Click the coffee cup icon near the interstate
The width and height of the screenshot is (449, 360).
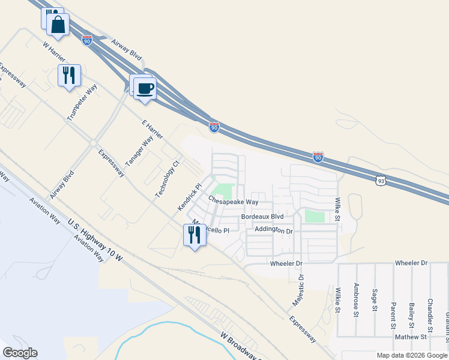(x=145, y=89)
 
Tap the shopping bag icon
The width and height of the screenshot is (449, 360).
(x=58, y=25)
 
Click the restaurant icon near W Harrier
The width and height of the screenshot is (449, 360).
(x=69, y=76)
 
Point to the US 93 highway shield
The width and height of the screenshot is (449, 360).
(x=380, y=180)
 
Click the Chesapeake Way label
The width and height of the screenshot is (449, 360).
(x=233, y=202)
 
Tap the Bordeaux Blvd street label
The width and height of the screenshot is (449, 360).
(x=262, y=216)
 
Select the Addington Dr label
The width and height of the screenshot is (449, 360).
(x=273, y=230)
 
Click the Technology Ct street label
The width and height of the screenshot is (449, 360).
(x=167, y=179)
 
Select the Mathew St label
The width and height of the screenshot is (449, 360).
(x=411, y=338)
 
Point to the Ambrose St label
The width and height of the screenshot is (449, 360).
(x=356, y=299)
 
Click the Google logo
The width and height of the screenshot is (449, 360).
(x=20, y=353)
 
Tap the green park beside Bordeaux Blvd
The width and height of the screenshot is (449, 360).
(x=313, y=217)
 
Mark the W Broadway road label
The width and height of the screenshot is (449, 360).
(x=240, y=346)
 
